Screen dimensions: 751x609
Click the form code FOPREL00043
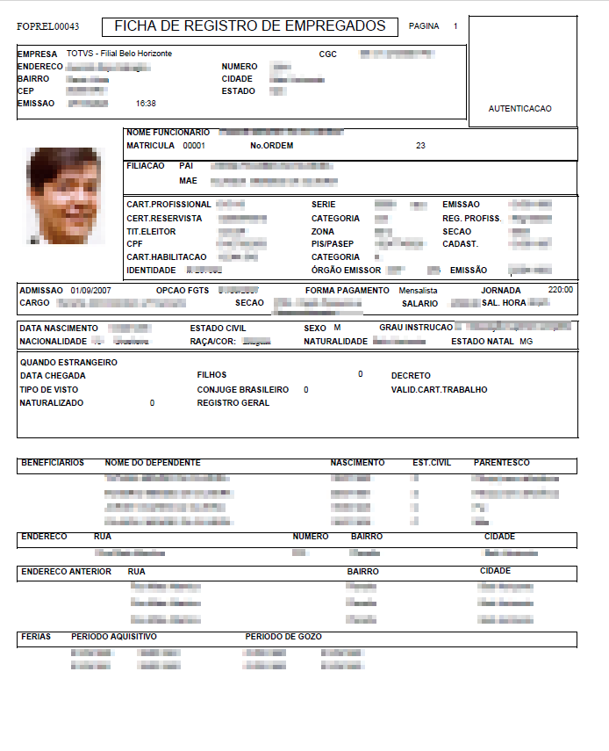[x=48, y=27]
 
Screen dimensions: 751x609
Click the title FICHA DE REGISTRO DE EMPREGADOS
[x=249, y=26]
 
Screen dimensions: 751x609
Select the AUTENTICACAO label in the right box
[x=520, y=109]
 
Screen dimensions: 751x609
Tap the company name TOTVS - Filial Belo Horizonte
[x=119, y=54]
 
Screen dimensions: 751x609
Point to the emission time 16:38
[x=146, y=104]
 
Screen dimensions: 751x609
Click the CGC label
[x=327, y=54]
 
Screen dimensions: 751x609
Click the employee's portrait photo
[x=65, y=194]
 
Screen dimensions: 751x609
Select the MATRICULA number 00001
[x=194, y=146]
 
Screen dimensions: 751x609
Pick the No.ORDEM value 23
[x=420, y=146]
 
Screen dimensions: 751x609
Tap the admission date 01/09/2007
[x=90, y=290]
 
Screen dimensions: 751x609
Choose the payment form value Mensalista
[x=419, y=290]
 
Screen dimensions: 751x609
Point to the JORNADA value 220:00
[x=561, y=290]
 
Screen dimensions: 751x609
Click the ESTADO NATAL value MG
[x=526, y=341]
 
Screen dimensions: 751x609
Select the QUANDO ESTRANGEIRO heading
[x=68, y=363]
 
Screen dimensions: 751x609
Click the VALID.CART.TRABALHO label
[x=439, y=390]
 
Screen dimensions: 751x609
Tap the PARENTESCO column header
[x=501, y=463]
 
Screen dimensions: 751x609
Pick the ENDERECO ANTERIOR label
[x=66, y=572]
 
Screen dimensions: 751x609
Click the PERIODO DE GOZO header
[x=283, y=637]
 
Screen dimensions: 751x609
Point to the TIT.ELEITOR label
[x=151, y=232]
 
